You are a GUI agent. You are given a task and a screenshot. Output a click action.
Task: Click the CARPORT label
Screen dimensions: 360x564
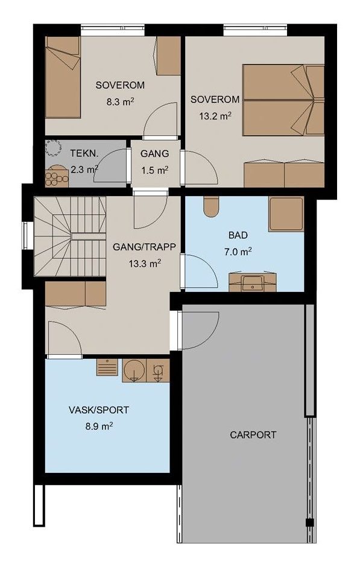pos(253,434)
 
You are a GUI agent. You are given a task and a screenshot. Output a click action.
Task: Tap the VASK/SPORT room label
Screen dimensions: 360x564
pos(98,410)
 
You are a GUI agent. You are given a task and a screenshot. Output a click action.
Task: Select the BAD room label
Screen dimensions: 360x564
pos(238,235)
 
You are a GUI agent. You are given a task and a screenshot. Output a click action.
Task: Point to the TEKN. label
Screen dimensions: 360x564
pos(84,153)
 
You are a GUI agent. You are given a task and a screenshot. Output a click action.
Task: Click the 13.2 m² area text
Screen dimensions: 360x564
pos(215,116)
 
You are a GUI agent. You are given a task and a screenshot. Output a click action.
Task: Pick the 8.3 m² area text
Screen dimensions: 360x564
pos(120,101)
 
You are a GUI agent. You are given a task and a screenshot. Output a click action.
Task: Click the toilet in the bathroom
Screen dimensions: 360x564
pos(210,206)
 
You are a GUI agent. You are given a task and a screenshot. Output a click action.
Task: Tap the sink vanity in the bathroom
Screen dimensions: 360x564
pos(253,282)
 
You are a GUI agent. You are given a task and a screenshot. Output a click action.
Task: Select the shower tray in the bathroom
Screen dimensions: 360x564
pos(286,214)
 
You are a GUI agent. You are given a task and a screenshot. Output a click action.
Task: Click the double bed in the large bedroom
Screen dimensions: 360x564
pos(283,100)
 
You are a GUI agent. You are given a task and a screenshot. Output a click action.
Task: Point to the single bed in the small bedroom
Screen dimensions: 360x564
pos(63,77)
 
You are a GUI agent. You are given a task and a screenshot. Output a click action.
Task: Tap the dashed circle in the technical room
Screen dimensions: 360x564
pos(54,148)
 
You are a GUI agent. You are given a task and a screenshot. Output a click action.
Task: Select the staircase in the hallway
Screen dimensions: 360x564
pos(70,236)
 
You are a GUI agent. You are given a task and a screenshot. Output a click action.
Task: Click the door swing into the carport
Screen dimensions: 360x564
pos(200,330)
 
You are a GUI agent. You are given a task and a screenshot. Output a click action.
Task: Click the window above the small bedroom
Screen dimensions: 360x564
pos(113,30)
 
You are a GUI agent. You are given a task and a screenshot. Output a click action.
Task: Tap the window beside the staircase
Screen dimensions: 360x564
pos(25,236)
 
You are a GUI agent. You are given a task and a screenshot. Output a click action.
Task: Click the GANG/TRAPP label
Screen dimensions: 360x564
pos(145,247)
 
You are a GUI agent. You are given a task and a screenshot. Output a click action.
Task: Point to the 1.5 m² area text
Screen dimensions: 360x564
pos(154,170)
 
